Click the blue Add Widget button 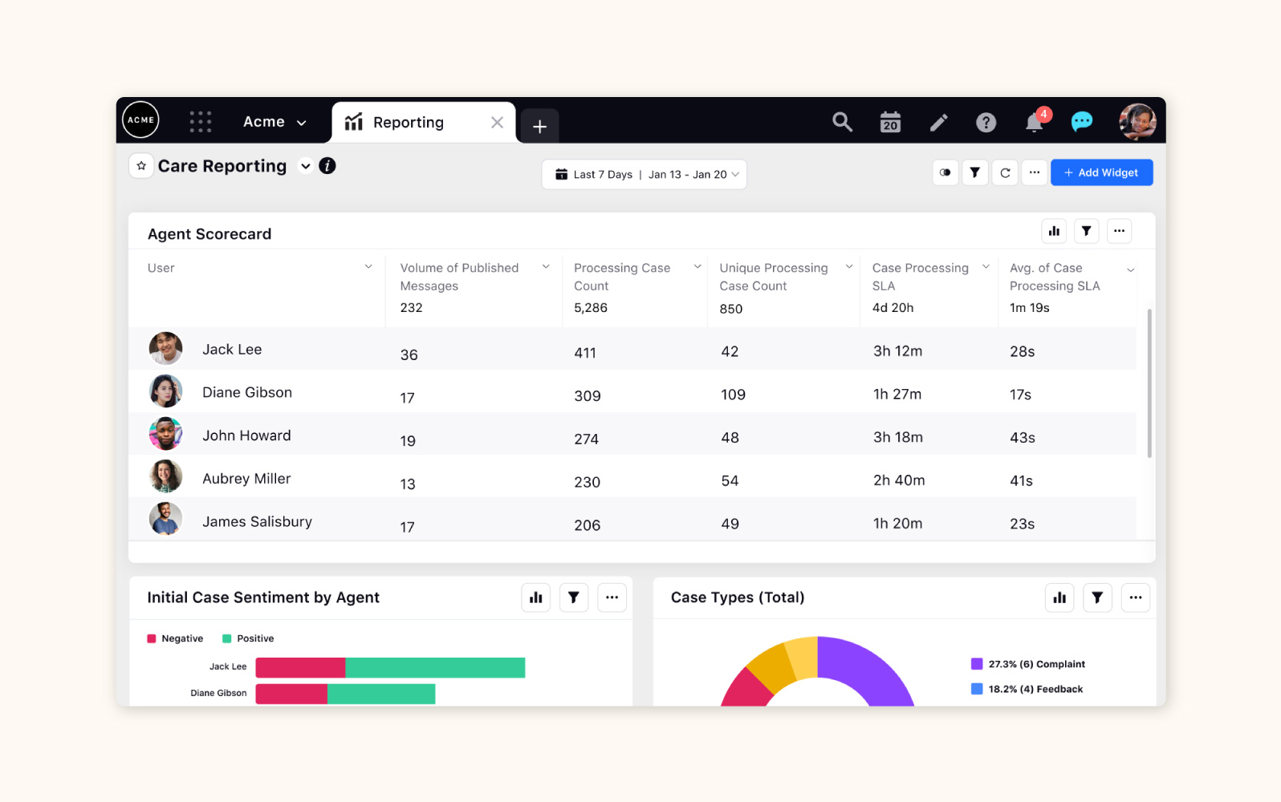(1101, 172)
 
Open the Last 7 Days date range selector (644, 174)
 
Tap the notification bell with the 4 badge (1035, 122)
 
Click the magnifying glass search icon (842, 122)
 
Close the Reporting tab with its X (497, 122)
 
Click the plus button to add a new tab (539, 126)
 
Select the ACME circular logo (140, 119)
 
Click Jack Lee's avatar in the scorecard (165, 349)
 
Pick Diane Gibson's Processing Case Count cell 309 (588, 395)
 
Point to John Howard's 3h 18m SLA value (897, 437)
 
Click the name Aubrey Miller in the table (246, 479)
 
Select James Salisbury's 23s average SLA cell (1022, 524)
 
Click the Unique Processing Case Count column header (774, 277)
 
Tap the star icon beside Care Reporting (141, 166)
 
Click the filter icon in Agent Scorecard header (1086, 231)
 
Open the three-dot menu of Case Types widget (1135, 597)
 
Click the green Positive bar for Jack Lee (435, 667)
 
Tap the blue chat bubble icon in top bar (1081, 122)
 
